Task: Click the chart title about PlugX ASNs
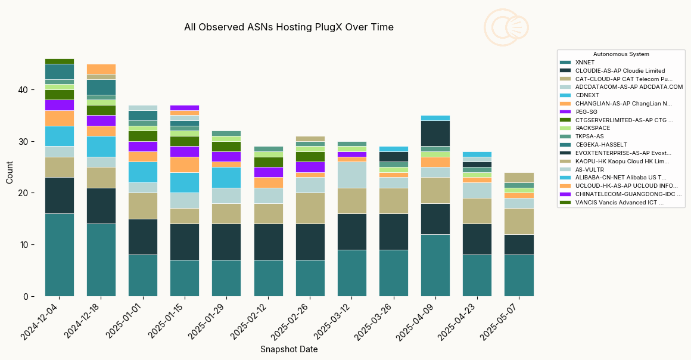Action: click(289, 27)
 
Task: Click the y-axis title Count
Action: click(10, 172)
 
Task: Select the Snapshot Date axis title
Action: click(289, 349)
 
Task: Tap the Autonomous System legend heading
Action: click(621, 54)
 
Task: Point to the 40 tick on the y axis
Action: click(23, 90)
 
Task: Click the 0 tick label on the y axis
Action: click(26, 296)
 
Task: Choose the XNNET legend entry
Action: click(585, 63)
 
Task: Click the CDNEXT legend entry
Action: click(587, 95)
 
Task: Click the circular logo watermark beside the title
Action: click(506, 27)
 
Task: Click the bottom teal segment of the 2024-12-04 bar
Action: click(60, 255)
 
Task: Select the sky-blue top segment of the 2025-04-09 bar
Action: click(435, 118)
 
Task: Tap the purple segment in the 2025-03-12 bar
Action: click(351, 154)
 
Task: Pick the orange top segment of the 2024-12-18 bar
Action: click(101, 69)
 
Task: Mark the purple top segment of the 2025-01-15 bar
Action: click(185, 108)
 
